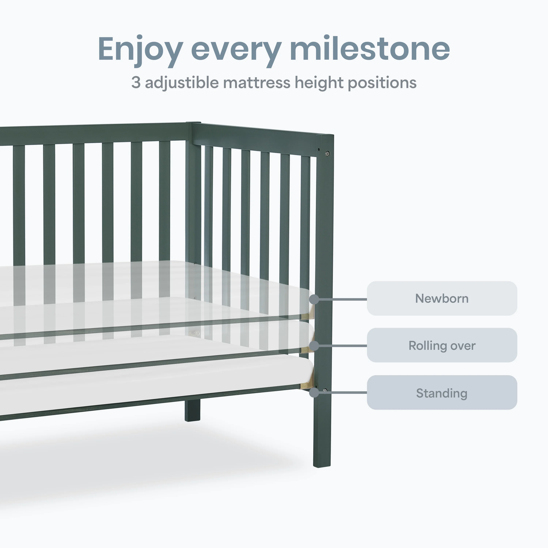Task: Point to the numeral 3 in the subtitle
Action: click(x=136, y=83)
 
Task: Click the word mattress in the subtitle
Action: click(x=257, y=83)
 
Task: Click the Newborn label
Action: click(x=442, y=299)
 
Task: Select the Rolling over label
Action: click(x=442, y=345)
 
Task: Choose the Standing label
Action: click(x=442, y=393)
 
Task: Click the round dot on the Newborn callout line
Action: click(x=314, y=299)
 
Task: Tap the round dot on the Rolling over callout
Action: click(x=314, y=346)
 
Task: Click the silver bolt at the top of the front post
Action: click(x=327, y=154)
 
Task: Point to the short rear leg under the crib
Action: click(x=192, y=410)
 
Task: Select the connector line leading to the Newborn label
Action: click(x=343, y=299)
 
